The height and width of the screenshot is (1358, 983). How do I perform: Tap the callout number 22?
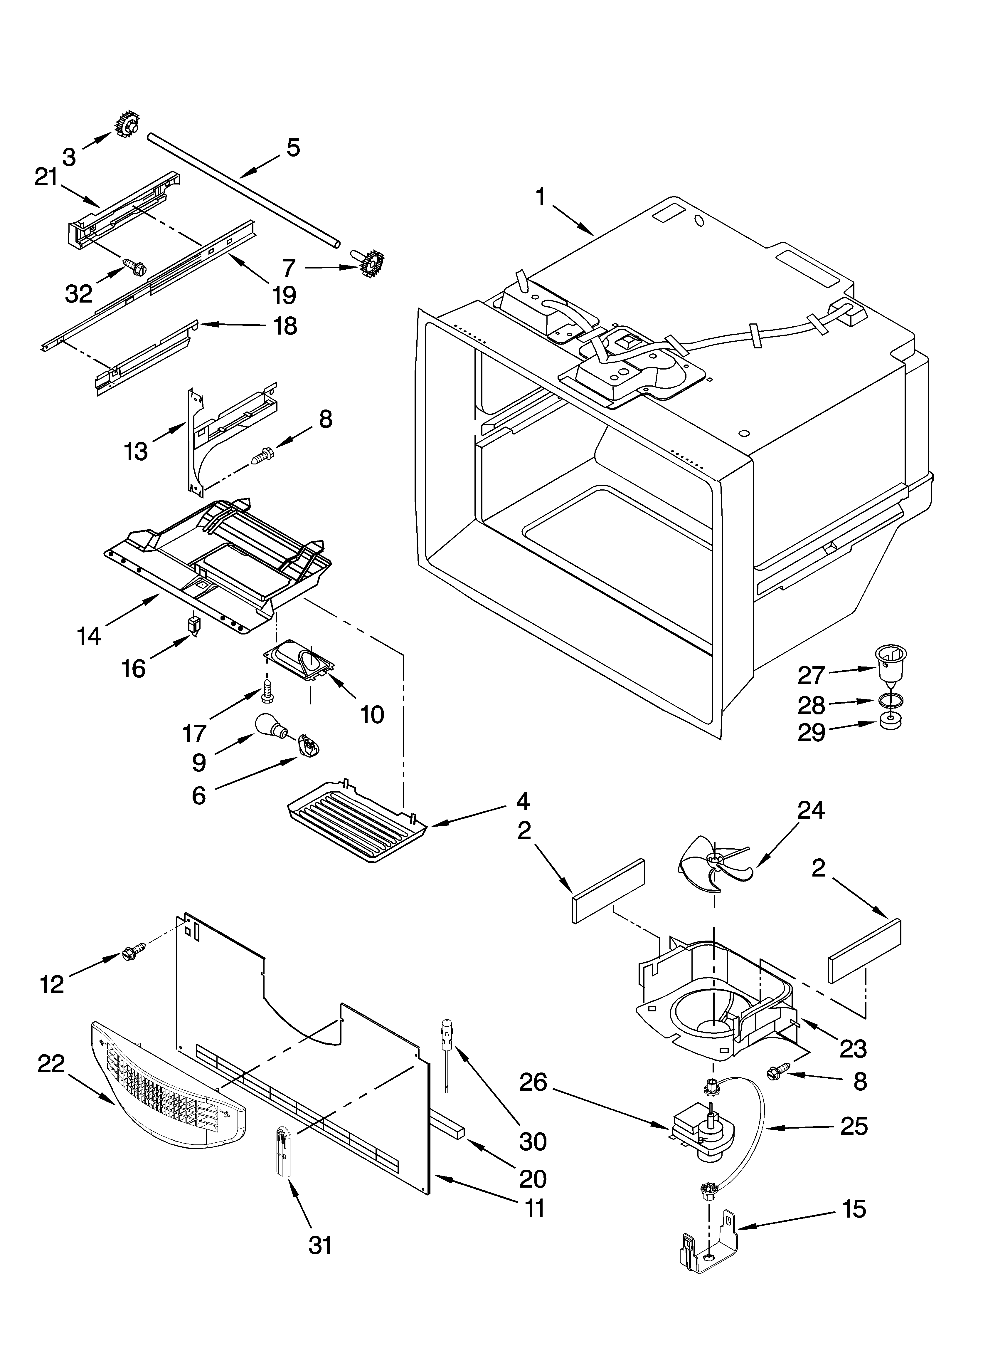tap(51, 1064)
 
